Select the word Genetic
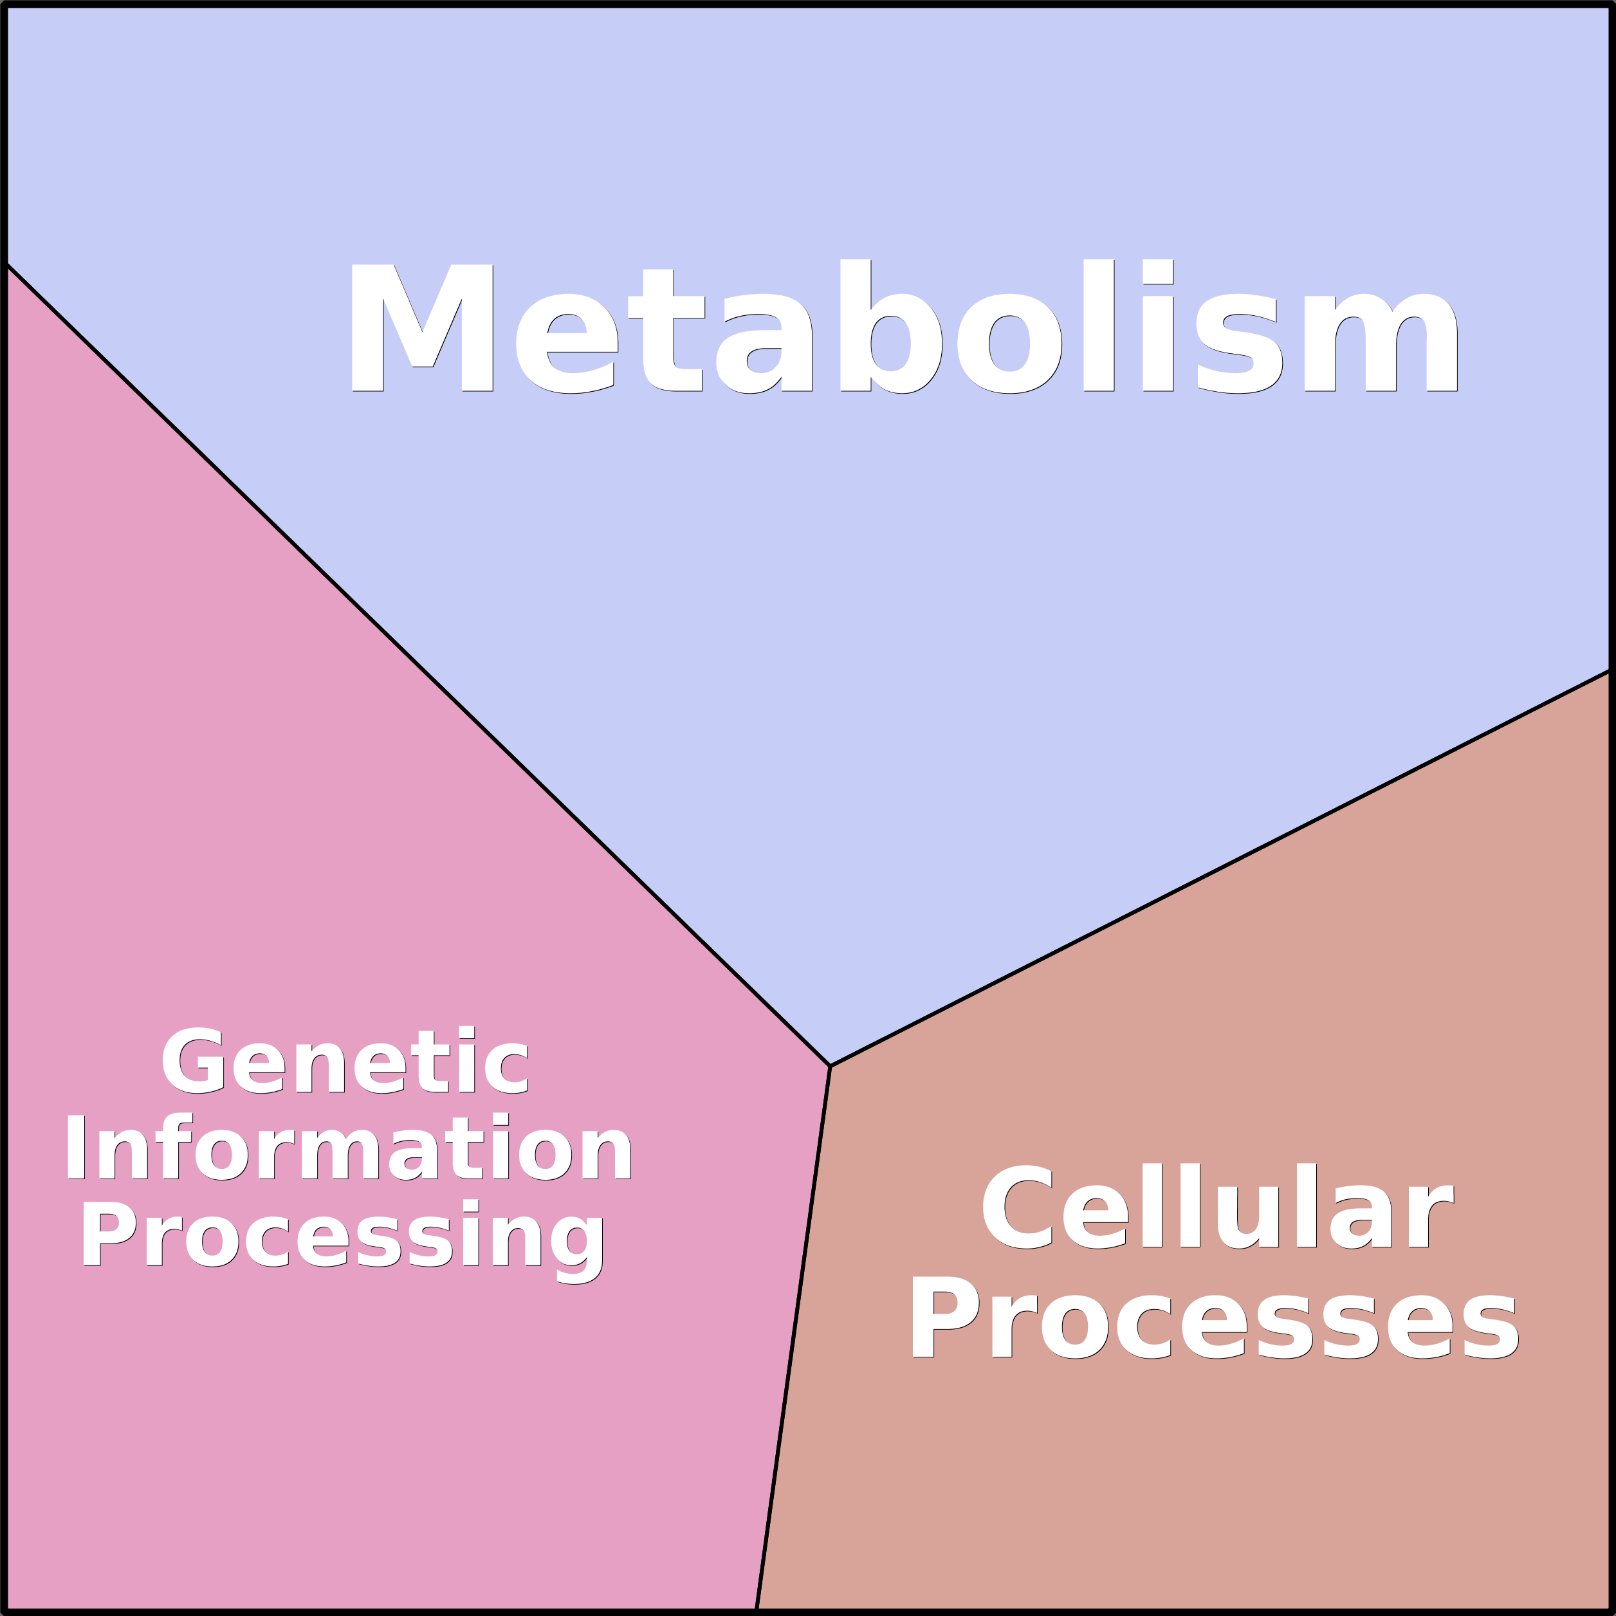tap(345, 1059)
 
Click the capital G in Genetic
tap(192, 1059)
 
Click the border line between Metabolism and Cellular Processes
tap(1220, 868)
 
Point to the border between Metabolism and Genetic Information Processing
tap(418, 665)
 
